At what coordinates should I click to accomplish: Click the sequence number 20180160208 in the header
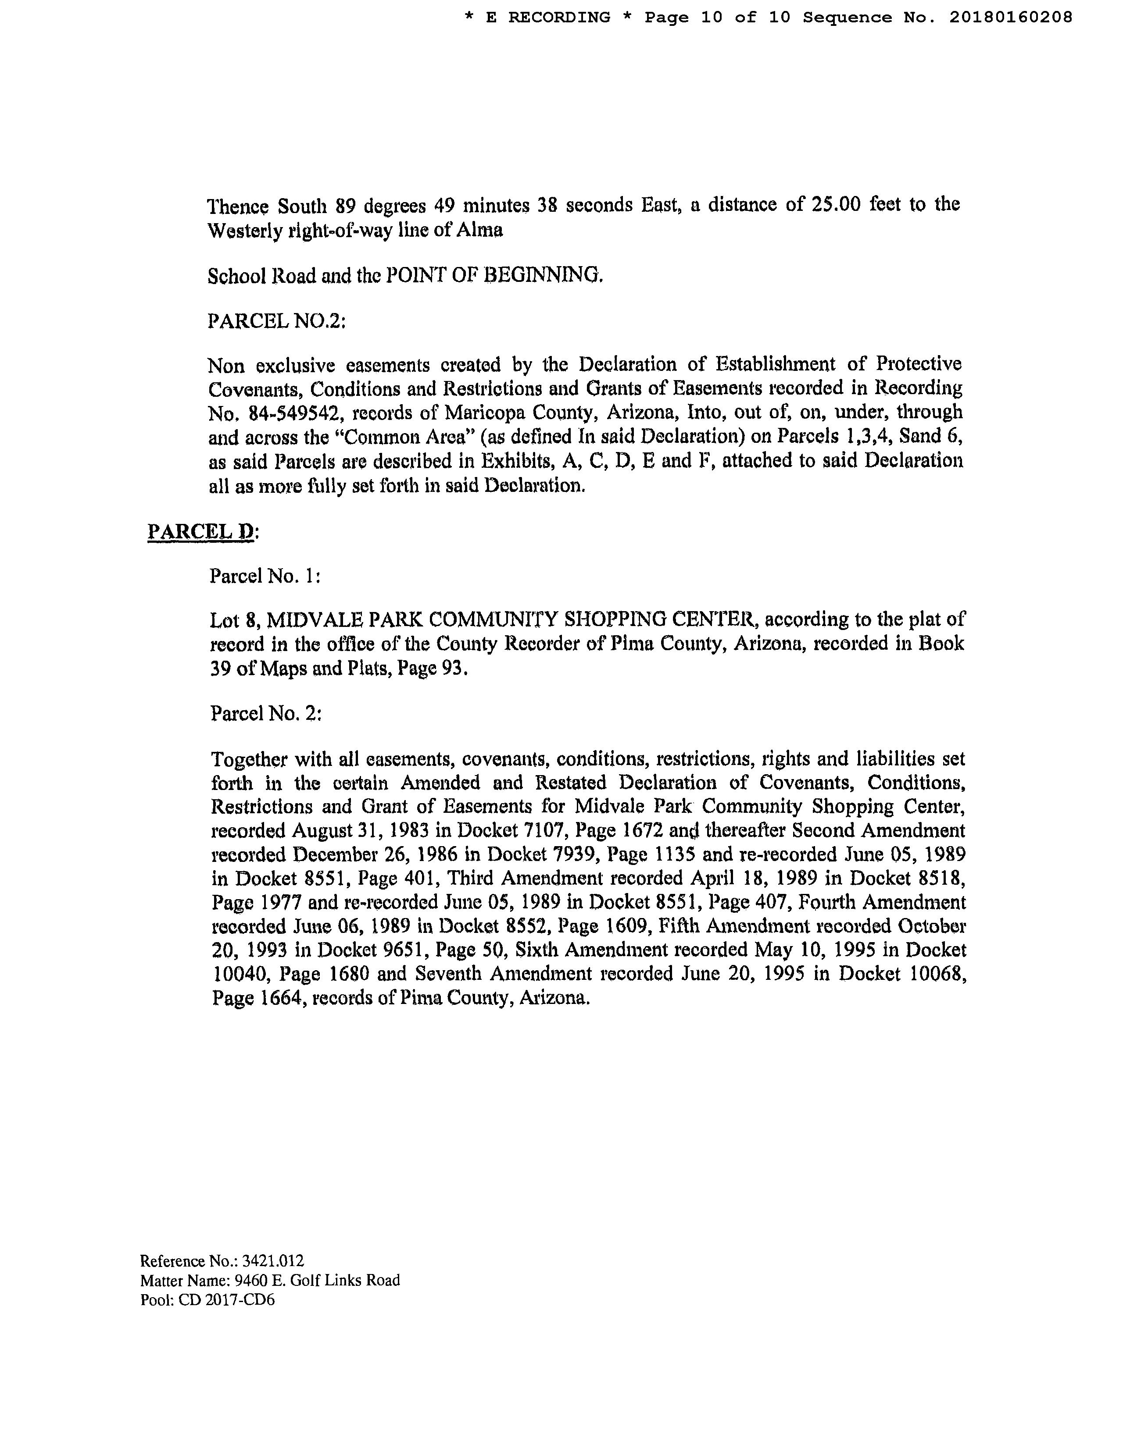(1010, 17)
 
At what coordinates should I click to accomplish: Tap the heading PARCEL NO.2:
(277, 320)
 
